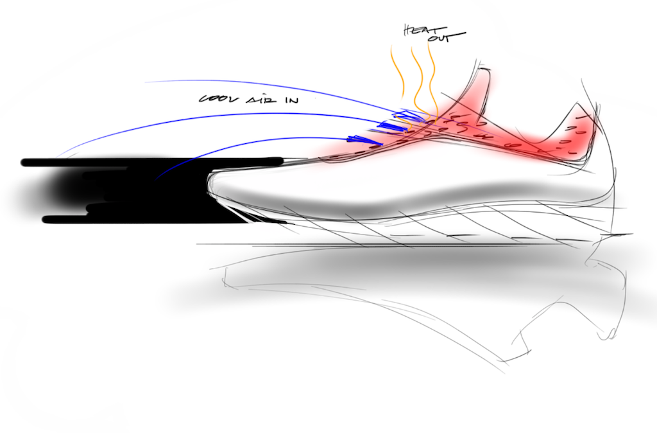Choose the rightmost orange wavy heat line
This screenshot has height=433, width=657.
pyautogui.click(x=432, y=80)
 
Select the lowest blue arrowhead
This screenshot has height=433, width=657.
pyautogui.click(x=364, y=139)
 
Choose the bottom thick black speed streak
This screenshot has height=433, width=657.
pyautogui.click(x=147, y=220)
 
